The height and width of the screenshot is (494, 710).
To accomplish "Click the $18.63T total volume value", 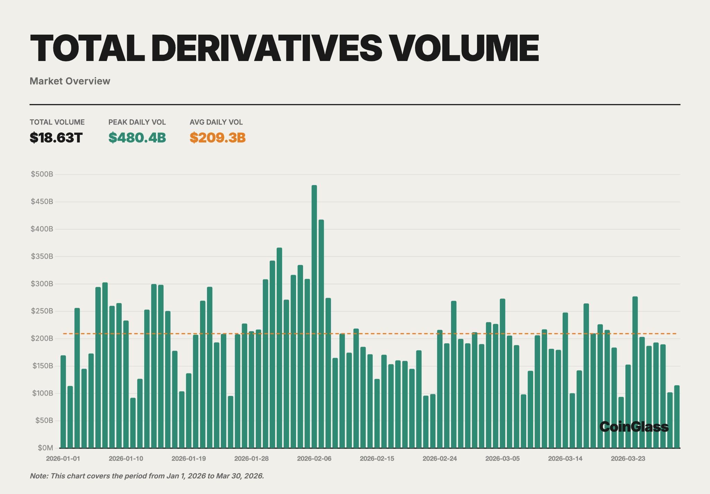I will [x=56, y=138].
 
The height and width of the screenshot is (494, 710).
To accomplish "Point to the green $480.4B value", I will [x=137, y=138].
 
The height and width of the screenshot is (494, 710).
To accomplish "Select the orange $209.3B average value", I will [x=218, y=138].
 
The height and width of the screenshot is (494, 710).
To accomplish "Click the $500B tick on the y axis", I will [x=42, y=174].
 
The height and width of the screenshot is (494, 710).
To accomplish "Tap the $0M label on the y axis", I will [x=45, y=448].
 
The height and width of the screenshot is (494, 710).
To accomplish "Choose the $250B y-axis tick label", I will [x=42, y=311].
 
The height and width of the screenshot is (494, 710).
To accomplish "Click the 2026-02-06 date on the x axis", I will [x=314, y=459].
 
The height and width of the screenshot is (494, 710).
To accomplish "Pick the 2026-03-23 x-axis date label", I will [x=628, y=459].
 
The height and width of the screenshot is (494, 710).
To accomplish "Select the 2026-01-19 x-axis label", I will [x=189, y=459].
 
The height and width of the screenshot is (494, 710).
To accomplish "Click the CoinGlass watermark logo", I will [x=634, y=427].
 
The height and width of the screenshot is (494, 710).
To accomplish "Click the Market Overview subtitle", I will [x=70, y=81].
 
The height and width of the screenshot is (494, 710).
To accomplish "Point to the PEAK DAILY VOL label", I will [x=137, y=122].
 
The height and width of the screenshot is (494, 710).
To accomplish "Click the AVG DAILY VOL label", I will [x=216, y=122].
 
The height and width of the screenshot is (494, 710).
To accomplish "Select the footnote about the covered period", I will [x=147, y=476].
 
